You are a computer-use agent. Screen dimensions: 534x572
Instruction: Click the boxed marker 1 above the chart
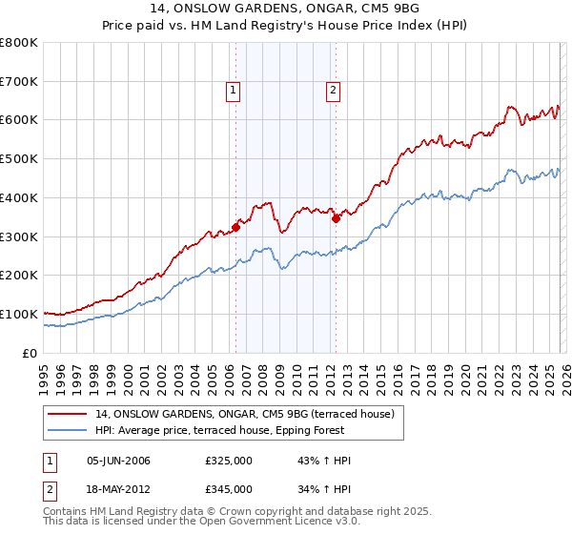[234, 92]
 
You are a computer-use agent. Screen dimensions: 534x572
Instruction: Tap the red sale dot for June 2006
[235, 227]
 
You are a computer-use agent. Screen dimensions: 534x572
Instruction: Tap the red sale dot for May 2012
[336, 218]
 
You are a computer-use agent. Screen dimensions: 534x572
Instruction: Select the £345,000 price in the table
[228, 488]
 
